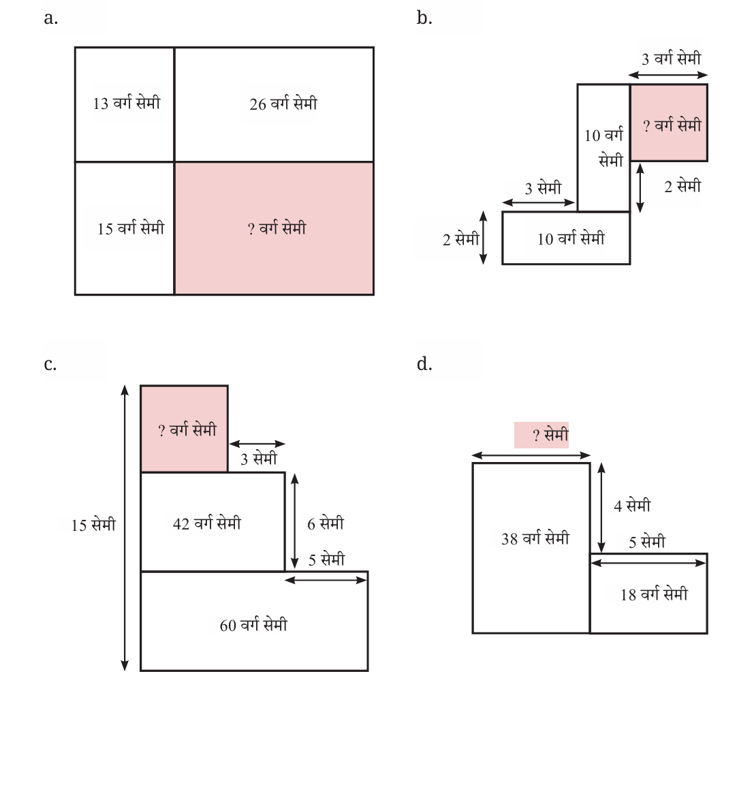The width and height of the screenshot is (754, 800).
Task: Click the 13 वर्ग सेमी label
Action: click(127, 102)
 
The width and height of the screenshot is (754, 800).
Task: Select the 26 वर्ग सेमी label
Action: click(283, 103)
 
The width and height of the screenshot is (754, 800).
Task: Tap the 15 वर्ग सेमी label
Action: click(131, 228)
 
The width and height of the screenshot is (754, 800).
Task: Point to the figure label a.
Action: click(51, 18)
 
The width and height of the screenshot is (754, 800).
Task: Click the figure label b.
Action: click(424, 17)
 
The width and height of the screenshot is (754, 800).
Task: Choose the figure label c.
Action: click(50, 365)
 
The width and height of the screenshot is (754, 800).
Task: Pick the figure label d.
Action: click(424, 364)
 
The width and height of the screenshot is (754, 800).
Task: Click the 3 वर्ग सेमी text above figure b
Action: click(672, 58)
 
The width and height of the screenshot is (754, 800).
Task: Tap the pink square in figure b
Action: click(669, 123)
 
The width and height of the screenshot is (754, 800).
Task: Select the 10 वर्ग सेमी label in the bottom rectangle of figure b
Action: click(571, 239)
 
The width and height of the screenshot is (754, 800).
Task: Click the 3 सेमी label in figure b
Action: click(543, 188)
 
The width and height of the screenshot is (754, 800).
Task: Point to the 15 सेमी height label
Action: click(93, 525)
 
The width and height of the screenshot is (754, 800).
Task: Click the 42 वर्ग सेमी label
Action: click(207, 523)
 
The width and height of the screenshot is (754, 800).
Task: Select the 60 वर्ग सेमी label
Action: click(253, 624)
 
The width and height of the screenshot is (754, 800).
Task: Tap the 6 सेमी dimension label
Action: click(326, 523)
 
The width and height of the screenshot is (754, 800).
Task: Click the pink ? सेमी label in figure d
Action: click(541, 435)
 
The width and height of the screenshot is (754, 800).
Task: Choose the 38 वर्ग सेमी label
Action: click(535, 538)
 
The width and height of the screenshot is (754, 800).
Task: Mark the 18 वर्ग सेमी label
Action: click(654, 594)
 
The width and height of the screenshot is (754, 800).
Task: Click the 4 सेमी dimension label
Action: click(632, 505)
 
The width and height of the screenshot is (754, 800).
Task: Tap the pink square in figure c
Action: click(184, 429)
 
